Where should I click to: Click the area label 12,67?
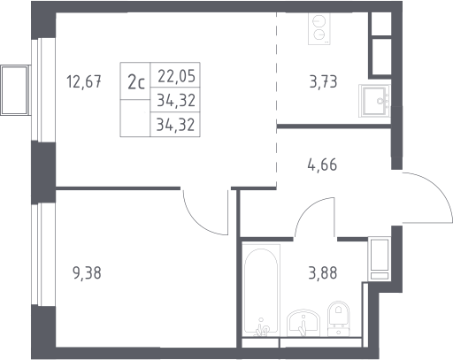pos(84,81)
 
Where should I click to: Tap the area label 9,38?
pos(87,273)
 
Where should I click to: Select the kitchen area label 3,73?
pos(323,81)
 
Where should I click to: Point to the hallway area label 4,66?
pos(322,165)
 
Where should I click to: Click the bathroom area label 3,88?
pos(323,273)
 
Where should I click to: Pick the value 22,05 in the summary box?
pos(176,76)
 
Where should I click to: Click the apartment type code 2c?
pos(136,83)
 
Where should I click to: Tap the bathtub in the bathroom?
pos(261,290)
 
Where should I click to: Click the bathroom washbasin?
pos(303,323)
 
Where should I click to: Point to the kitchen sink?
pos(374,101)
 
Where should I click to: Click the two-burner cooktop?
pos(319,29)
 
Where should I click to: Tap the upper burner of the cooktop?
pos(318,21)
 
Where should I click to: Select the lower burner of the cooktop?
pos(319,34)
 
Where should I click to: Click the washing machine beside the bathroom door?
pos(380,259)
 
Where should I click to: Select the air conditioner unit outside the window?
pos(15,90)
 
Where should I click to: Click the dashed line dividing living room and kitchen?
pos(277,100)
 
